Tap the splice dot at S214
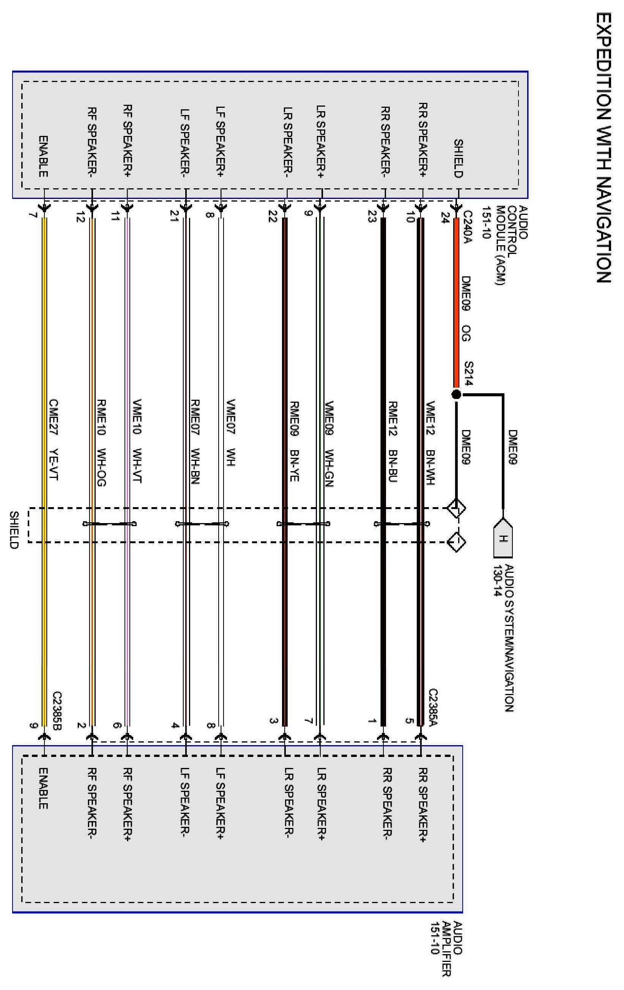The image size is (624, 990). pos(456,395)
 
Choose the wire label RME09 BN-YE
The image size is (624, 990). pos(294,441)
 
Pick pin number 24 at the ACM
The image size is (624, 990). pos(445,216)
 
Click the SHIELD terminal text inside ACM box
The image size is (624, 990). pos(459,158)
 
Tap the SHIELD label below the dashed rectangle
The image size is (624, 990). pos(14,530)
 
